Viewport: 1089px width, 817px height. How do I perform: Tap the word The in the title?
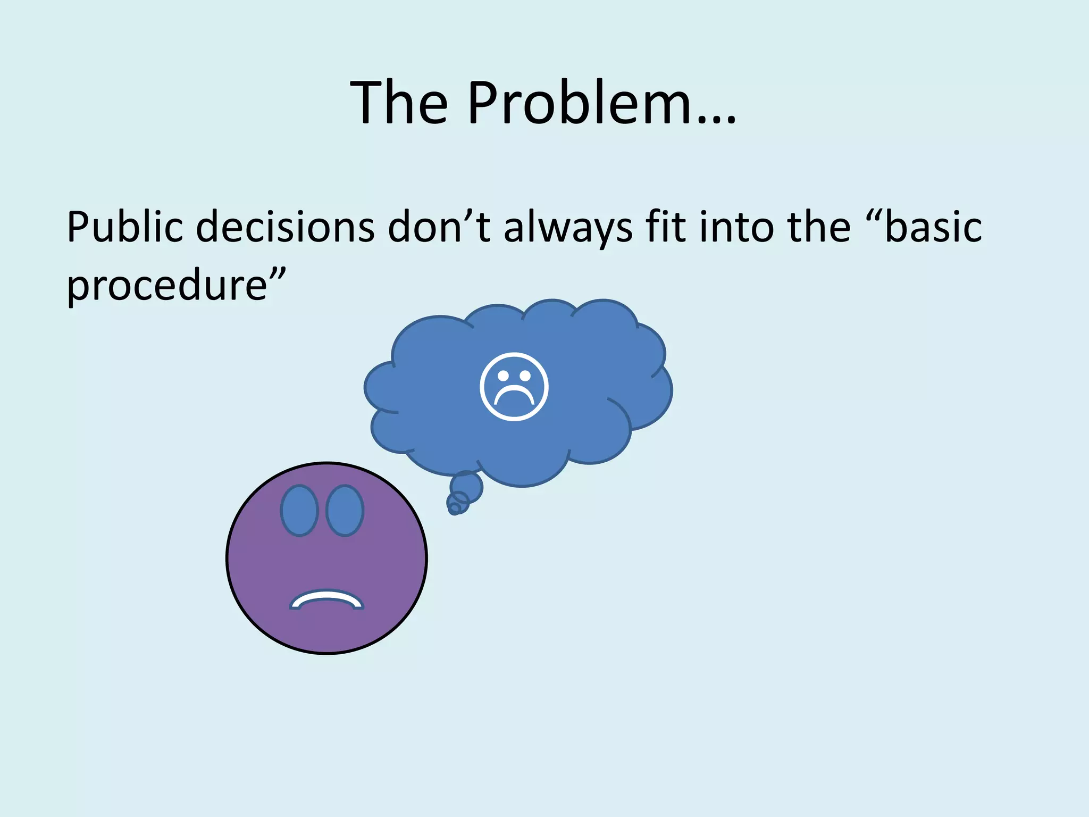pos(399,102)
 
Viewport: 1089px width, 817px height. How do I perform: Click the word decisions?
pos(285,227)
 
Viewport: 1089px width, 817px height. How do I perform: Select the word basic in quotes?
pos(933,227)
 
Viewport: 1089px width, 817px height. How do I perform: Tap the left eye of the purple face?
pos(299,510)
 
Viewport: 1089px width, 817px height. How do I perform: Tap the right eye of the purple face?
pos(345,510)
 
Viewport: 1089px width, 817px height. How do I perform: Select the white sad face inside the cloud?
pos(514,387)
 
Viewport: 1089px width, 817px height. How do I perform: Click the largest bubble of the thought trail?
pos(467,486)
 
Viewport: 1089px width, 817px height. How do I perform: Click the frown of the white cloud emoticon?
pos(514,397)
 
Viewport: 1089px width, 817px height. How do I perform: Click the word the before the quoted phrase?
pos(819,227)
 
